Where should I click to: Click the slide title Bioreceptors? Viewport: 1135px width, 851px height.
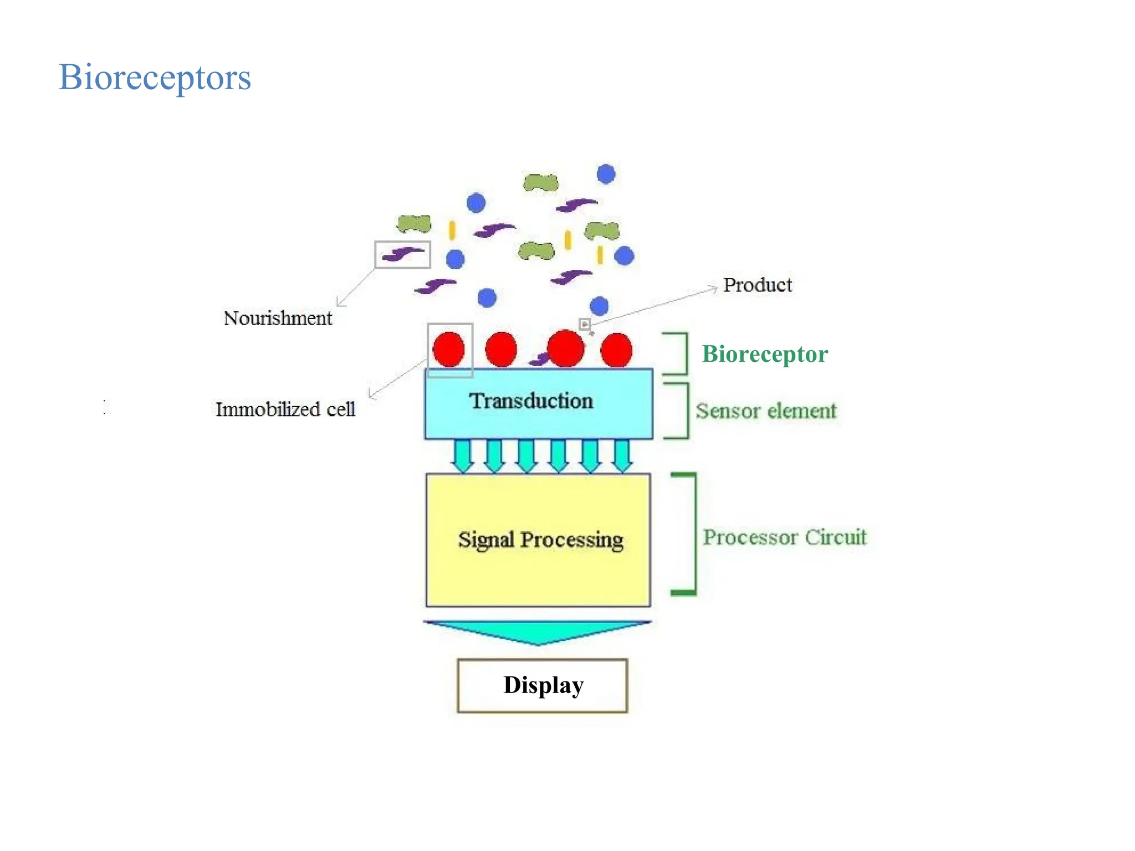pyautogui.click(x=155, y=78)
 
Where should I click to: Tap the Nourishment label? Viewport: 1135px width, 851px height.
pyautogui.click(x=278, y=318)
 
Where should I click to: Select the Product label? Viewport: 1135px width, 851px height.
pyautogui.click(x=757, y=285)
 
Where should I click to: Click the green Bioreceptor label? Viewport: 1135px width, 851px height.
pyautogui.click(x=765, y=354)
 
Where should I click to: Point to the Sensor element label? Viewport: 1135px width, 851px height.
pyautogui.click(x=766, y=411)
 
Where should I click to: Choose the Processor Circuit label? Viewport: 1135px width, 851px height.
pyautogui.click(x=784, y=537)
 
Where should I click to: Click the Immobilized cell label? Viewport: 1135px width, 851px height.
pyautogui.click(x=285, y=409)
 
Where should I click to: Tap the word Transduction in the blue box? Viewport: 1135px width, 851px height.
pyautogui.click(x=531, y=401)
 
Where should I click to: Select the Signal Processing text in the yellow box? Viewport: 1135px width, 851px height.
pyautogui.click(x=540, y=540)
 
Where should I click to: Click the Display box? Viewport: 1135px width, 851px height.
pyautogui.click(x=542, y=685)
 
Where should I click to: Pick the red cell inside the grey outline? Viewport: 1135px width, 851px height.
pyautogui.click(x=448, y=350)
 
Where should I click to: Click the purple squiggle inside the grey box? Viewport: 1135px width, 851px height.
pyautogui.click(x=403, y=254)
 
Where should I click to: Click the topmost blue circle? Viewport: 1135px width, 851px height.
pyautogui.click(x=606, y=174)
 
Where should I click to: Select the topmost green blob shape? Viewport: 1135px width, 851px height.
pyautogui.click(x=540, y=182)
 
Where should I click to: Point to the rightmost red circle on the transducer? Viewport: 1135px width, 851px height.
pyautogui.click(x=616, y=350)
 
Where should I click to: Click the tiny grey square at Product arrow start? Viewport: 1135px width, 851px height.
pyautogui.click(x=584, y=324)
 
